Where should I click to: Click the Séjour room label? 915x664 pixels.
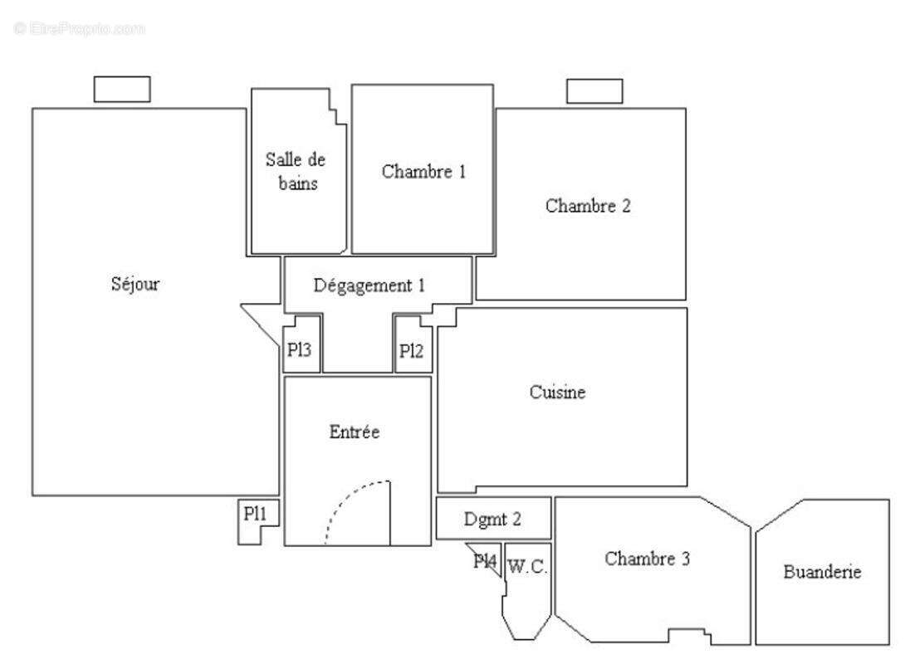tap(135, 284)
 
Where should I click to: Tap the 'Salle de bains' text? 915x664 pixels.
tap(296, 171)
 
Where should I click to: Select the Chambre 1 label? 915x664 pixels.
tap(423, 172)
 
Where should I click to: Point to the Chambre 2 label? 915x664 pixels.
tap(588, 206)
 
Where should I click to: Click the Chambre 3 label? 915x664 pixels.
tap(648, 559)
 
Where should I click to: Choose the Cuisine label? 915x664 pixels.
tap(558, 393)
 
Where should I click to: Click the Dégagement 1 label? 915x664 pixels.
tap(369, 286)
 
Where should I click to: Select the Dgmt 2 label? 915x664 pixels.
tap(492, 520)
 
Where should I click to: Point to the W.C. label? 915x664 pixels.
tap(526, 568)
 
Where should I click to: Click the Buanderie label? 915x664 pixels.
tap(822, 572)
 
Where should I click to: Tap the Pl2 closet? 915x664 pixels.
tap(411, 350)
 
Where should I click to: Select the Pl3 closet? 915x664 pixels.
tap(300, 350)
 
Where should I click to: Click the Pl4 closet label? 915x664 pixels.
tap(485, 562)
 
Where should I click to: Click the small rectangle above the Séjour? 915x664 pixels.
tap(122, 89)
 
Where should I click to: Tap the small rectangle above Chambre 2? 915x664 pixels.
tap(595, 91)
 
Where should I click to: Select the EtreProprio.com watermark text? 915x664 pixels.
tap(79, 28)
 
